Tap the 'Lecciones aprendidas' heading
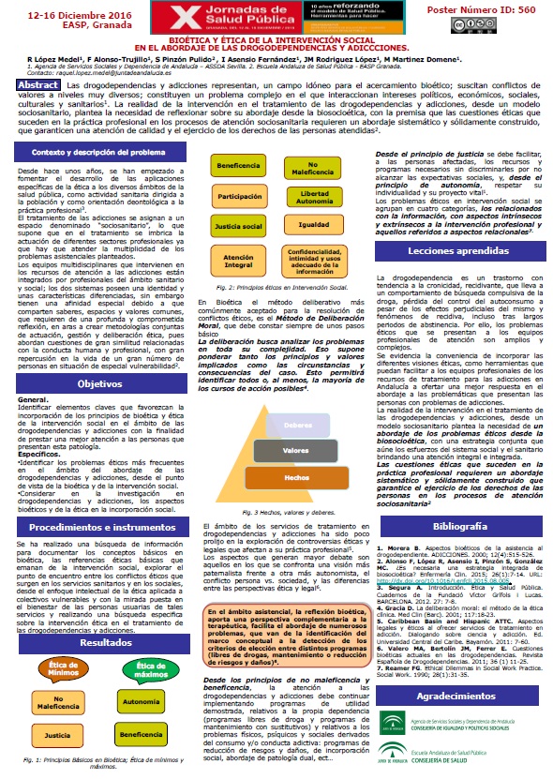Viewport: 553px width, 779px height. [460, 227]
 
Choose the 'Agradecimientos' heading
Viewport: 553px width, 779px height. [460, 672]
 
